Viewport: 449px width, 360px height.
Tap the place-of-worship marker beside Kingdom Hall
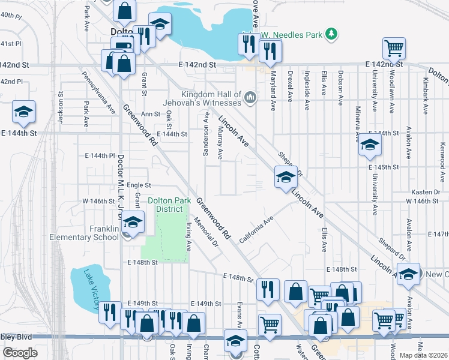point(250,97)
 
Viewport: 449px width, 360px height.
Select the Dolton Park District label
point(170,205)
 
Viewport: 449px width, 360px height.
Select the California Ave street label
point(256,227)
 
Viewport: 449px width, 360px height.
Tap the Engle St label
point(139,186)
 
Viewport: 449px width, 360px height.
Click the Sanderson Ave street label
point(206,139)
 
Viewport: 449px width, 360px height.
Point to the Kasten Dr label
point(426,192)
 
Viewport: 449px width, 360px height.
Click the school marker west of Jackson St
point(24,111)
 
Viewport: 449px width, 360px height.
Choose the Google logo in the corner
point(20,353)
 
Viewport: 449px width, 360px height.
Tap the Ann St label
point(151,113)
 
